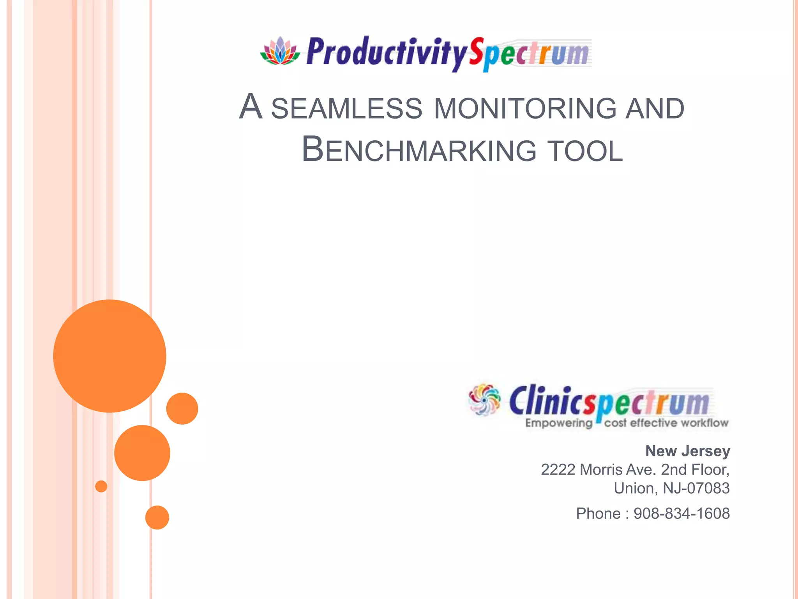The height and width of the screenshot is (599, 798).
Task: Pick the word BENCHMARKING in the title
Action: pos(419,150)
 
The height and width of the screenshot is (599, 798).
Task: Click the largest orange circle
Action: pos(109,356)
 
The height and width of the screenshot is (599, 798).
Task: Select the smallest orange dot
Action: pos(101,486)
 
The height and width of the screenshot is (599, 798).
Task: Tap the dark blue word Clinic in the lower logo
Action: pos(546,401)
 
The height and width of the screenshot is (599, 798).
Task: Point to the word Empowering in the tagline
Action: pos(558,423)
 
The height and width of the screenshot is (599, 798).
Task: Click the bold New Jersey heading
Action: pos(687,451)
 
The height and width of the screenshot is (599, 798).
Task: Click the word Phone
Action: pos(598,514)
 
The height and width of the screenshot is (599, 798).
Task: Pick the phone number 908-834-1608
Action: pos(681,514)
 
